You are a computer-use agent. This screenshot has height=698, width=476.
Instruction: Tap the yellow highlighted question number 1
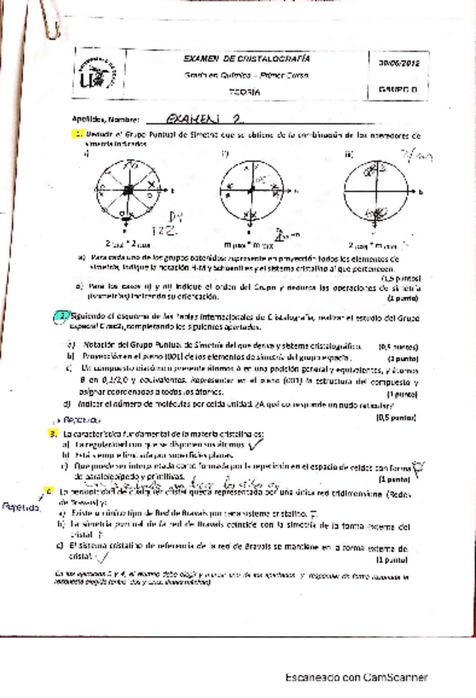click(x=78, y=133)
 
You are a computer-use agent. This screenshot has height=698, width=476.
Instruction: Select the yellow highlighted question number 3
click(x=54, y=434)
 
